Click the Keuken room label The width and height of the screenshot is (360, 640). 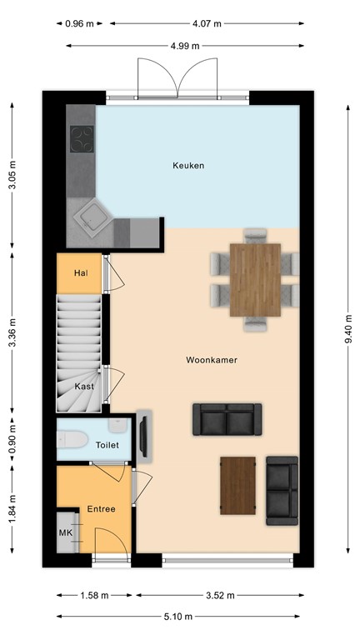tap(187, 166)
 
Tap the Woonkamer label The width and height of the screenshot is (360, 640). tap(212, 360)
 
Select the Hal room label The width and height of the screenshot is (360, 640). tap(81, 272)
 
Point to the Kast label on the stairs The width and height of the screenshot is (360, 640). tap(82, 387)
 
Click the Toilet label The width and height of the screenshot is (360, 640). tap(107, 445)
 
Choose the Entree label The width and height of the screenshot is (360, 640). tap(101, 508)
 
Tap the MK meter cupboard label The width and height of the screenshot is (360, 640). tap(66, 532)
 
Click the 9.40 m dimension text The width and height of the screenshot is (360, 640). tap(347, 327)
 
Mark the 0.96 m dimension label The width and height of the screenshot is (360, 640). tap(78, 24)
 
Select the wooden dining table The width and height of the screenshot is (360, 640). tap(255, 279)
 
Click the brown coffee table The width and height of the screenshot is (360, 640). tap(237, 485)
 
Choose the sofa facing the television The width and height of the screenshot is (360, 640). tap(227, 419)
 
